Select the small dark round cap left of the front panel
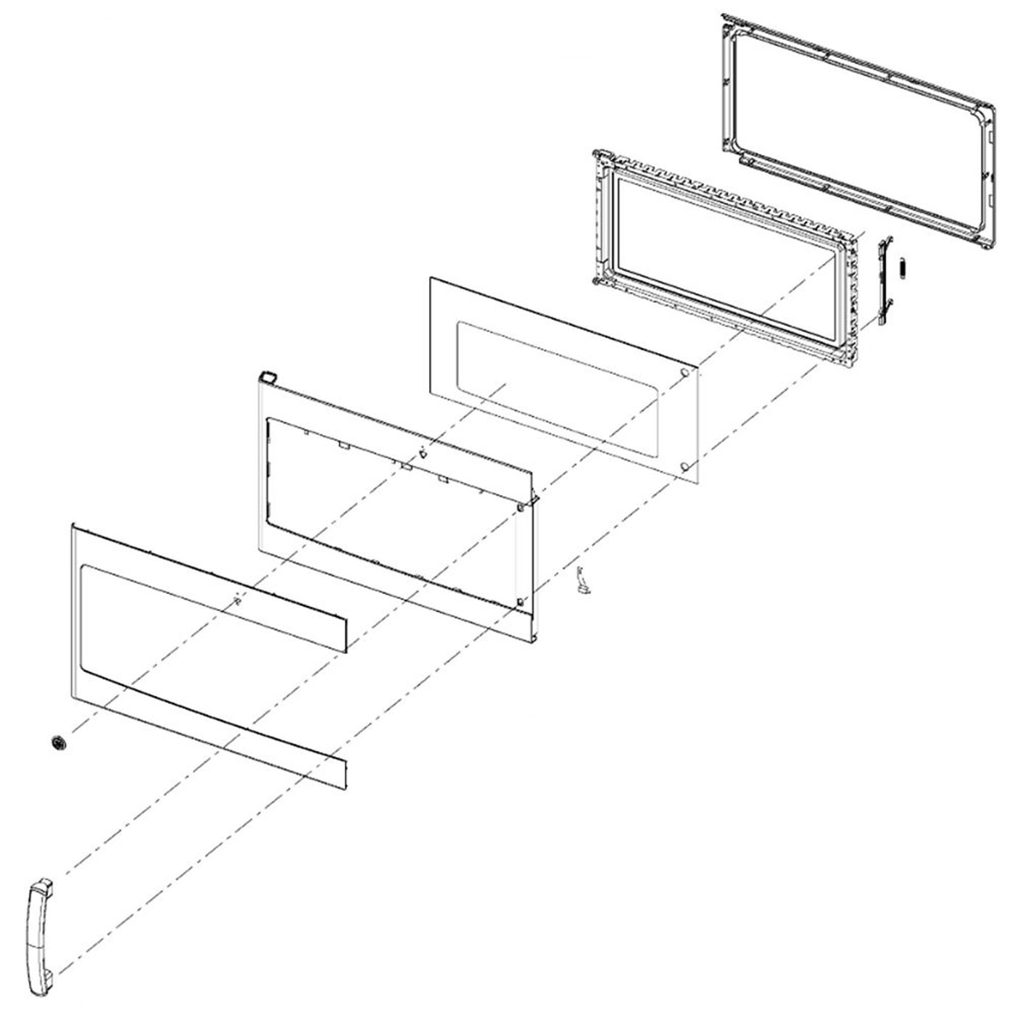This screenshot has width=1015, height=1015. click(59, 742)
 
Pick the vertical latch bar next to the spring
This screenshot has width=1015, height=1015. click(884, 283)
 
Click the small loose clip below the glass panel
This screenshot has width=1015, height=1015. click(581, 582)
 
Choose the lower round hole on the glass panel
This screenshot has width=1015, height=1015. click(684, 464)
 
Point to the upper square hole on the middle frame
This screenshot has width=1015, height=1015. click(521, 508)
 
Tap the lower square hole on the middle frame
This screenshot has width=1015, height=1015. click(521, 601)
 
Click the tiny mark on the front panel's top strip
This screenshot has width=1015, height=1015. click(236, 599)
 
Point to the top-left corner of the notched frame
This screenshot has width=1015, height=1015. click(599, 155)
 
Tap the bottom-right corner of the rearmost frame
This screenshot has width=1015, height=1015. click(984, 246)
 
